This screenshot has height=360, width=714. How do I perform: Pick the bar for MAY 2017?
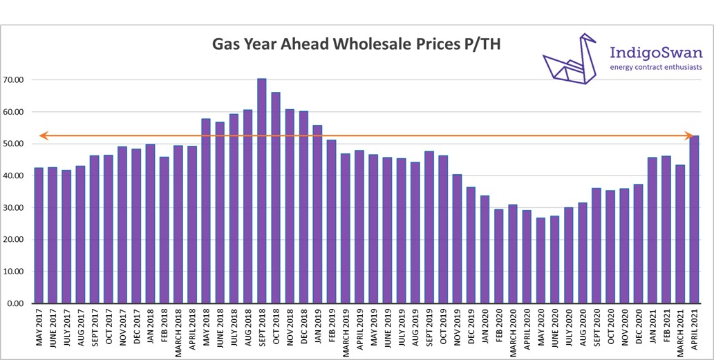[39, 236]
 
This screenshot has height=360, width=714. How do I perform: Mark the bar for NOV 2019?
[458, 238]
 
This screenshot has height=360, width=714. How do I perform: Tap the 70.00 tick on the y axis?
[14, 80]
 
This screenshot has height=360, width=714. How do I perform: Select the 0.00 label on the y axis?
[16, 303]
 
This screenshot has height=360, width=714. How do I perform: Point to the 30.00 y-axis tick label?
[14, 208]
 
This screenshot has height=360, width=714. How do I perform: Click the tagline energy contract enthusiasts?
[656, 67]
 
